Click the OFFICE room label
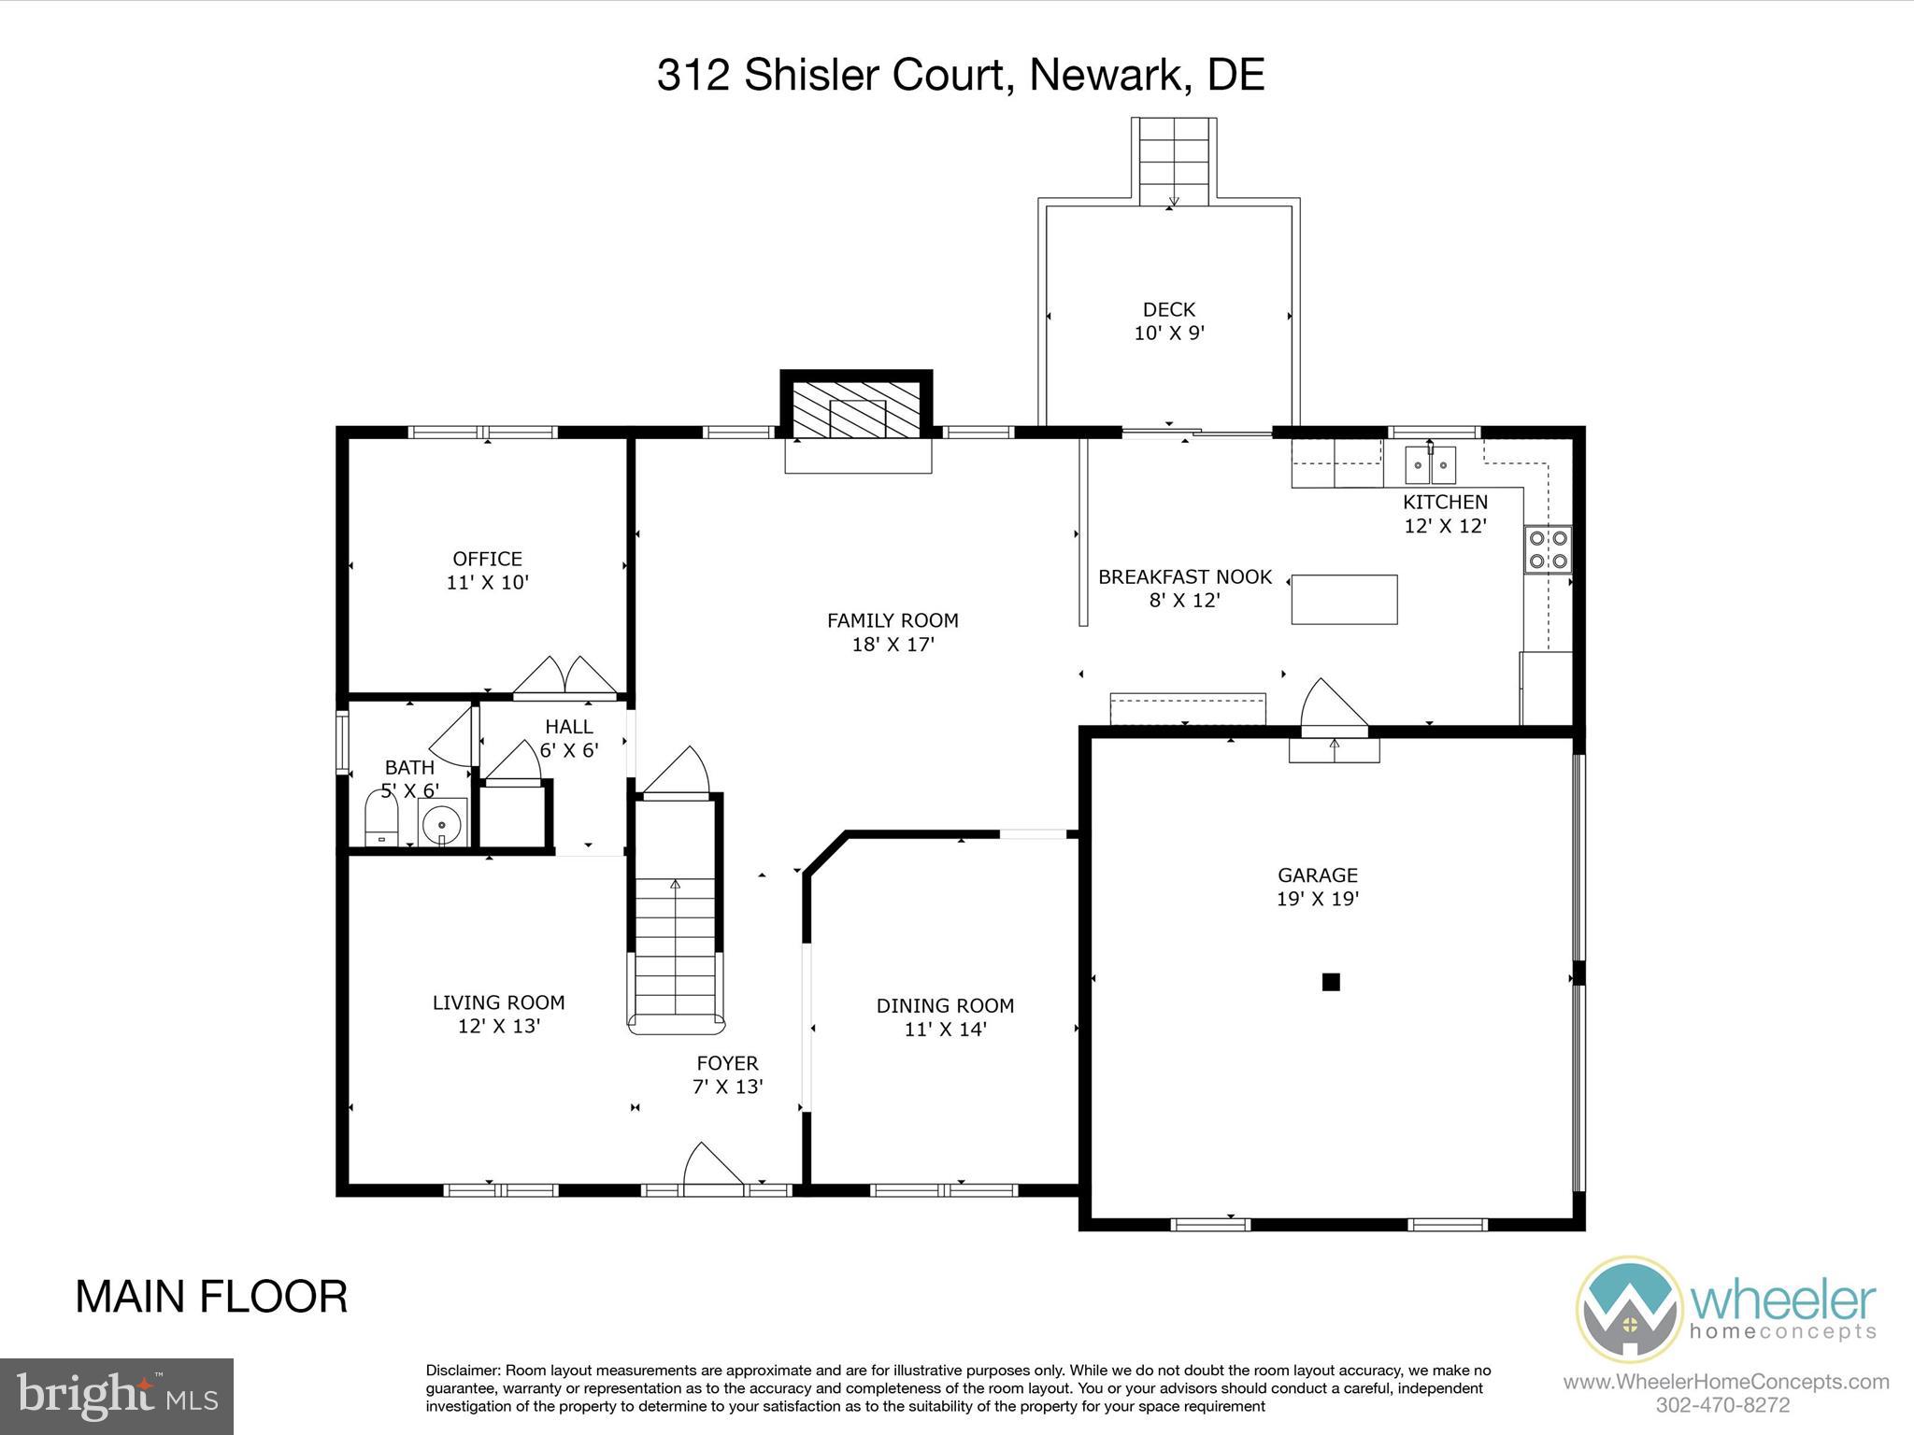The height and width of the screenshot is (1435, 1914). click(x=487, y=559)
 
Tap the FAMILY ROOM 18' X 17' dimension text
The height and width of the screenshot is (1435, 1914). click(x=893, y=645)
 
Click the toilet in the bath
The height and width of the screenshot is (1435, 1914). click(x=380, y=818)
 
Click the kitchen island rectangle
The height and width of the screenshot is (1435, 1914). click(x=1344, y=600)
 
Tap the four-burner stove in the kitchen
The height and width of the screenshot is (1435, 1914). click(x=1548, y=549)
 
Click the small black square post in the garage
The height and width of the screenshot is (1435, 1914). click(x=1331, y=982)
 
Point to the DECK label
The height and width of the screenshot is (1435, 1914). click(x=1169, y=309)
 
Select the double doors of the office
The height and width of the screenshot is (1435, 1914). click(x=564, y=676)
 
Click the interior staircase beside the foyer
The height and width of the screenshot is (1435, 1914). click(x=676, y=944)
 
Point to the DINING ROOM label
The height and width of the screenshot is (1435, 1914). click(x=945, y=1006)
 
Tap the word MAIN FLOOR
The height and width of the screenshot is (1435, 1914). click(x=211, y=1298)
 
